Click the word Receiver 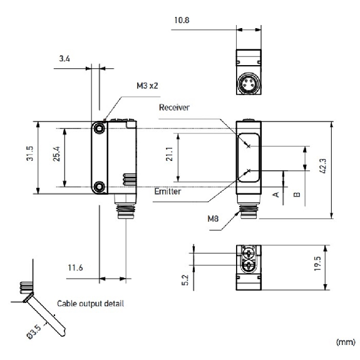175,107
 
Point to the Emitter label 168,192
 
